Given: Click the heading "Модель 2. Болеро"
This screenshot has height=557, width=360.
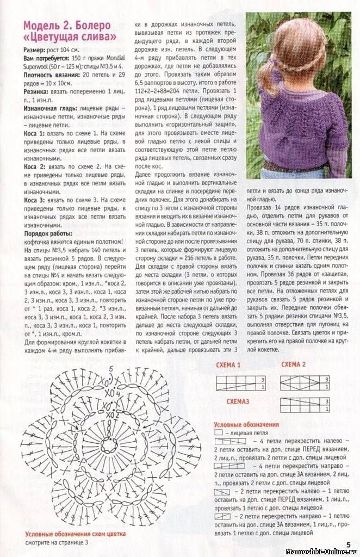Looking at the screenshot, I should coord(67,26).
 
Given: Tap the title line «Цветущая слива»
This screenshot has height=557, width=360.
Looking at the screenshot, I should coord(70,37).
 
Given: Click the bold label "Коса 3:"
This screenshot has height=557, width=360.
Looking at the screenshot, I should coord(34,200).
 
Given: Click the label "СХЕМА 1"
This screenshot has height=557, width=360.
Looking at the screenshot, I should coord(228,364).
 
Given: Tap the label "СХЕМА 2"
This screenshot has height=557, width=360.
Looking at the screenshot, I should coord(293,364).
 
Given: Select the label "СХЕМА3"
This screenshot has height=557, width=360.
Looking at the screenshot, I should coord(238,400).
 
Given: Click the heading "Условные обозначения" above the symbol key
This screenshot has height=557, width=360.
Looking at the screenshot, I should coord(246,424).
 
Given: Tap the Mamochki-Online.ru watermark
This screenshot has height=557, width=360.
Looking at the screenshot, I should coord(321,550).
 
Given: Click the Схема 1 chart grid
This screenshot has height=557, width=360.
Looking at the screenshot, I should coord(240,382).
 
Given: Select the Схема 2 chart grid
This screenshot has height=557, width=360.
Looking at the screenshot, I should coord(305,382).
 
